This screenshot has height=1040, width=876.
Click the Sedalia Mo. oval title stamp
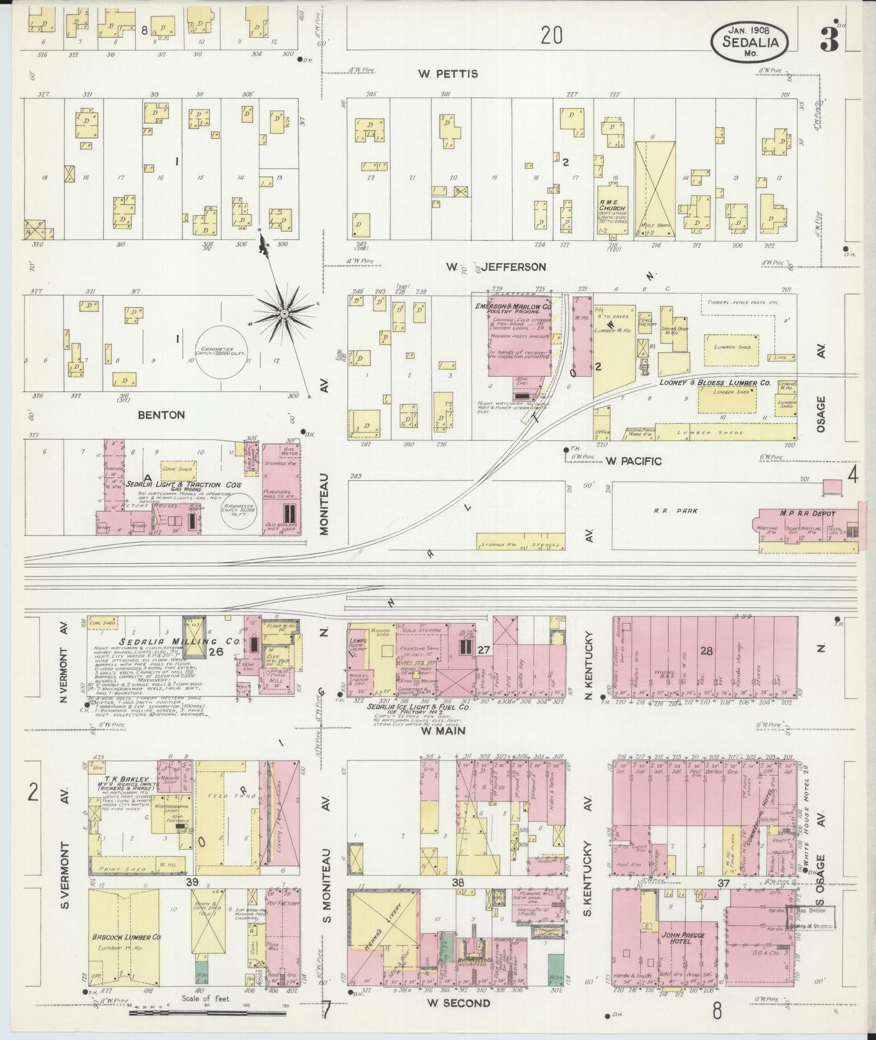point(751,39)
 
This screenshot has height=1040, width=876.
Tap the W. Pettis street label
point(447,74)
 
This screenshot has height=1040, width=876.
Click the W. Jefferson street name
point(496,266)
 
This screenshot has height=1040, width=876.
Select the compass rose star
point(283,313)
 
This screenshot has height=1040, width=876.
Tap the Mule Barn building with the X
point(654,189)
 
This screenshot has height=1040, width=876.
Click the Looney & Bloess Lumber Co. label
point(715,383)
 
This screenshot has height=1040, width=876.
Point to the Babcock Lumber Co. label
point(126,937)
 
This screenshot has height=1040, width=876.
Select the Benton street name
point(161,415)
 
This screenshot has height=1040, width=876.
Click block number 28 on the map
point(706,651)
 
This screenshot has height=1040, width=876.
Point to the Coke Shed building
point(178,470)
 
